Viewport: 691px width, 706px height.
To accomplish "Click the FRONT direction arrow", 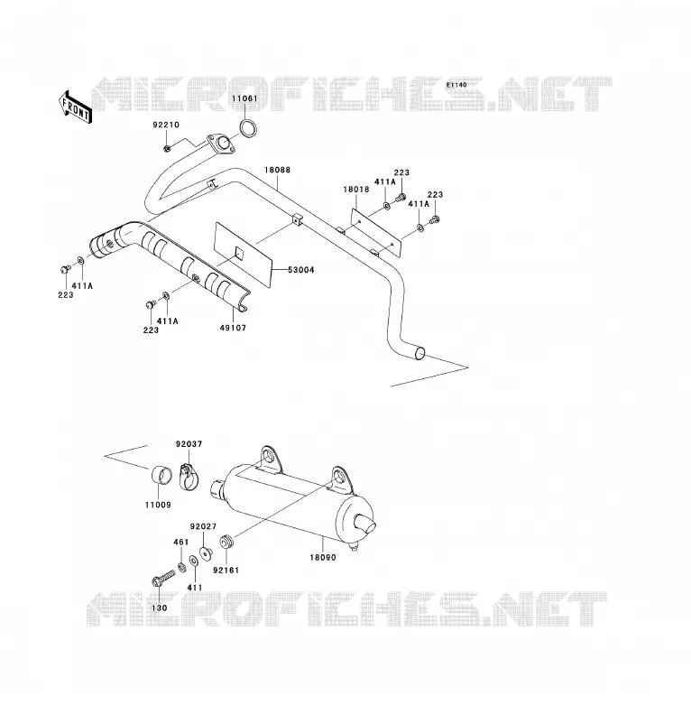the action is [x=75, y=107].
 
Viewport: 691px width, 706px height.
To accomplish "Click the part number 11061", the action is [x=244, y=98].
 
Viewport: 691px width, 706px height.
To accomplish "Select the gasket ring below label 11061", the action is [x=248, y=128].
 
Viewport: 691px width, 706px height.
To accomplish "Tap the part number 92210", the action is [x=166, y=125].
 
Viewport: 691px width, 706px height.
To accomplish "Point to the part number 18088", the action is [x=277, y=170].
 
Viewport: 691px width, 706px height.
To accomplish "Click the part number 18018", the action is [x=356, y=189].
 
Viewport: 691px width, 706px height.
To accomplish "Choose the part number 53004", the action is [x=301, y=270].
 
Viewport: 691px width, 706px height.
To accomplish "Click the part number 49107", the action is [x=233, y=328].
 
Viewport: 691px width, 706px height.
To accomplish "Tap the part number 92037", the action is [x=189, y=444].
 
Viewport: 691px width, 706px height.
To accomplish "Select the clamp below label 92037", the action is [x=189, y=477].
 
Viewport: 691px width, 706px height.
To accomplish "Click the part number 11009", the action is [x=158, y=505].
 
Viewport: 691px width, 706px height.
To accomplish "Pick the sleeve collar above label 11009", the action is [x=161, y=476].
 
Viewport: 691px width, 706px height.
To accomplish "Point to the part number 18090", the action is [x=323, y=557].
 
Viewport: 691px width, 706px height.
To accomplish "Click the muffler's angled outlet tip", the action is [x=365, y=524].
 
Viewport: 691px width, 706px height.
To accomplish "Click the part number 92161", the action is [x=226, y=570].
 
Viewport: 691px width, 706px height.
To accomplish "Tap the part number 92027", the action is [x=203, y=526].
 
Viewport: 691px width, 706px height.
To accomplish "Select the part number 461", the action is [x=180, y=542].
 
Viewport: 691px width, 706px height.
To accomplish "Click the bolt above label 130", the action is [x=163, y=578].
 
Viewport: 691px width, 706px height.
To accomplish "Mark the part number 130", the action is [x=160, y=608].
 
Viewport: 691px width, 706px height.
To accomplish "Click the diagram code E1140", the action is [x=456, y=85].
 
